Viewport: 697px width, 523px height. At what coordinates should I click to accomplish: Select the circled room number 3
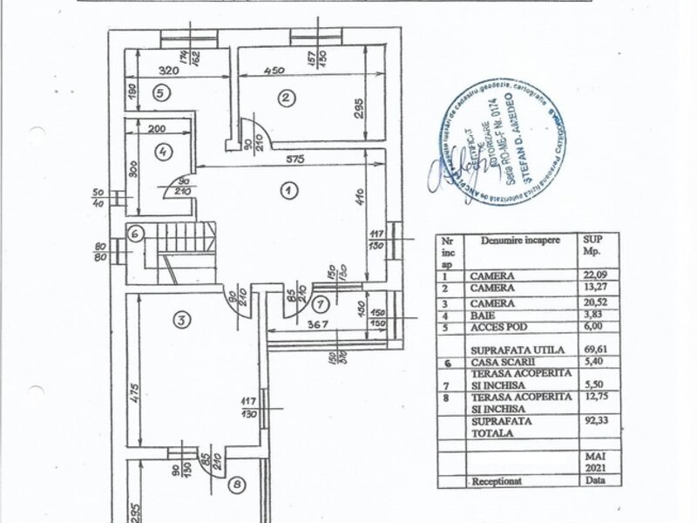tap(180, 320)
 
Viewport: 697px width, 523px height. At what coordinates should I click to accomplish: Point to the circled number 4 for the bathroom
tap(163, 150)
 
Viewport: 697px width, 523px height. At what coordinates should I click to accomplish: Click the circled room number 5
tap(159, 92)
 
